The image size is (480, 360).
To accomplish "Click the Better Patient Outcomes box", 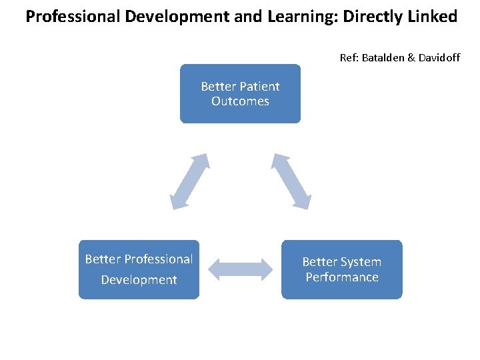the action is click(240, 93).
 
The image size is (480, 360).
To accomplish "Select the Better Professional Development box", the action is click(139, 269).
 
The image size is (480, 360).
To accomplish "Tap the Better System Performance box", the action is click(342, 269).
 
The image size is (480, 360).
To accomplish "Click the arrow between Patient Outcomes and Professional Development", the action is click(189, 181).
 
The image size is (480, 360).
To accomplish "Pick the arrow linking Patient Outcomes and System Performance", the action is click(291, 181).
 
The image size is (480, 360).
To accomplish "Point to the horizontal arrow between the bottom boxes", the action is click(241, 269).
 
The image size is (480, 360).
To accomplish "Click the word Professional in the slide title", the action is click(68, 17).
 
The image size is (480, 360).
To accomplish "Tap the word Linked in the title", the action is click(434, 17).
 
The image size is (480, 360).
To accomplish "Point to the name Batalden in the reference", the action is click(383, 58).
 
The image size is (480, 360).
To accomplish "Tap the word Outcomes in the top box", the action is click(240, 101).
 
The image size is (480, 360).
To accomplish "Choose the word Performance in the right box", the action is click(342, 277).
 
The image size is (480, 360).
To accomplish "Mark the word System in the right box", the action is click(360, 262).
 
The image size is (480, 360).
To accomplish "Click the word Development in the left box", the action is click(139, 280).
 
